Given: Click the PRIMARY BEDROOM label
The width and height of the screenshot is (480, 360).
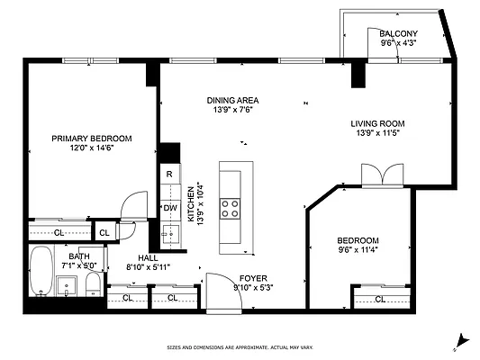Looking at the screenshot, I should click(91, 138).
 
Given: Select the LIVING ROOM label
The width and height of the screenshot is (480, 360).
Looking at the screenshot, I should click(377, 123).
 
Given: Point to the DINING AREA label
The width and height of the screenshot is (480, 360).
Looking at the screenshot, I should click(232, 100).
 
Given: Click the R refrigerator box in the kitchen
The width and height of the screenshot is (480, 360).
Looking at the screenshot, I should click(168, 174).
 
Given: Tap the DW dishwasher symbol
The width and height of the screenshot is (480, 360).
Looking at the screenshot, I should click(168, 208).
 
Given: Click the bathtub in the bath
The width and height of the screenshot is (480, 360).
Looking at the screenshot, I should click(41, 272).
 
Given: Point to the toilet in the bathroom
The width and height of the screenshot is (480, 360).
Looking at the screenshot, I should click(92, 287).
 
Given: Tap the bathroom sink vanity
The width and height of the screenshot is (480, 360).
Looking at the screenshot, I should click(67, 287).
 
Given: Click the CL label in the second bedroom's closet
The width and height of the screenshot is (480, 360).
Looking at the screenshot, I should click(379, 299).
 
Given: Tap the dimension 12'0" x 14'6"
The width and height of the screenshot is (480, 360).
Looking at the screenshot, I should click(91, 148).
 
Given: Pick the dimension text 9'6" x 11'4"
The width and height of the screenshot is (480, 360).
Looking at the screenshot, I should click(358, 251).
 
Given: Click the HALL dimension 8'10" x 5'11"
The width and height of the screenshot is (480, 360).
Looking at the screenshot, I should click(148, 267).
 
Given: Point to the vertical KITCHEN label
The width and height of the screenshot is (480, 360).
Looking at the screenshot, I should click(190, 204).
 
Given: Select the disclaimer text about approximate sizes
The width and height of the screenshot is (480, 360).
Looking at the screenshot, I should click(239, 347).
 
